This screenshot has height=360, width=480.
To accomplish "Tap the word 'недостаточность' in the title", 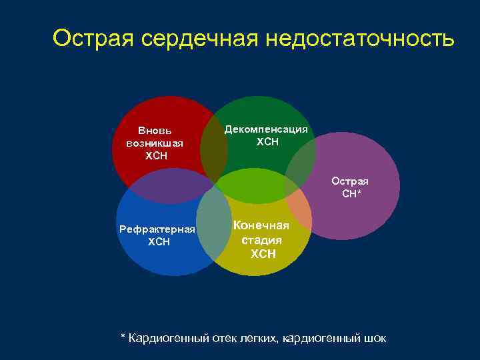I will click(360, 39).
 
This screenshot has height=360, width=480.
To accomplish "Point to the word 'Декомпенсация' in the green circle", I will click(267, 129).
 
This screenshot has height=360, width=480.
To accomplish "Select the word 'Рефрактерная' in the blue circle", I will click(157, 229).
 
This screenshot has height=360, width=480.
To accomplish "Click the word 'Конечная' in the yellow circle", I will click(261, 225).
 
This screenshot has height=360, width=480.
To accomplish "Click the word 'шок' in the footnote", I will click(375, 338).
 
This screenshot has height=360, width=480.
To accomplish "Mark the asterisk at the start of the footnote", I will click(123, 337).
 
